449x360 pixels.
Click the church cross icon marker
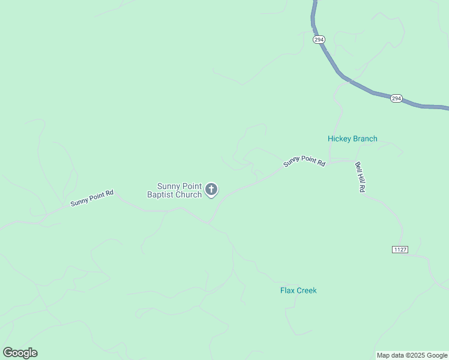pos(211,190)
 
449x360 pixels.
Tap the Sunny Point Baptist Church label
pos(175,190)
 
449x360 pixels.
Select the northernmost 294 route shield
pos(319,39)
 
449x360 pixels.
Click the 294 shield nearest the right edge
pos(396,98)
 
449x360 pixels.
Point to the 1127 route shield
pos(400,249)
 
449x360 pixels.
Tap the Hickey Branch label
pos(352,139)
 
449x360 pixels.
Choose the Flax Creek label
pos(298,290)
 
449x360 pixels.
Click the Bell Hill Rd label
pos(360,177)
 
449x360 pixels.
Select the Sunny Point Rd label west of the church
pos(92,199)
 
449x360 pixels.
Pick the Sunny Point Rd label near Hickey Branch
pos(304,161)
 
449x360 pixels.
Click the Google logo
pos(20,353)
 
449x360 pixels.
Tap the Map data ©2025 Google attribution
pos(412,355)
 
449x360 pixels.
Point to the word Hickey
pos(339,139)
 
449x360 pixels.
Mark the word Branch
pos(365,139)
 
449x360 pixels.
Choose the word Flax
pos(287,290)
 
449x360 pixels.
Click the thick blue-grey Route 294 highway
pos(359,85)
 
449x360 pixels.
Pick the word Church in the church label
pos(188,194)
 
